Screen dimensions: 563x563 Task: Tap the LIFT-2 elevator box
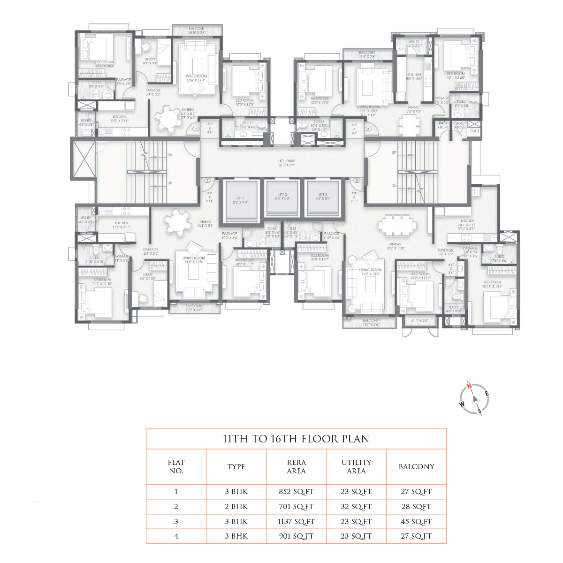282,197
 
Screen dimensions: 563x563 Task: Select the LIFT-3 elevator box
323,197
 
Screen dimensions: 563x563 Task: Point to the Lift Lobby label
286,163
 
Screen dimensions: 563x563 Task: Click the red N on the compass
469,386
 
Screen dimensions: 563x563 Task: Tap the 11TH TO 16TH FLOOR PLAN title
296,439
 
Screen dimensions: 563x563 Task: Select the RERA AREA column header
296,467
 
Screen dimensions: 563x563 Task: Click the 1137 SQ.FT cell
296,522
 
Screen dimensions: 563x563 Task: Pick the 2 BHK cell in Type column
236,507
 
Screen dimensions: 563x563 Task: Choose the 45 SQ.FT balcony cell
416,522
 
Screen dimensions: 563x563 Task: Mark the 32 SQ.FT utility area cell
356,507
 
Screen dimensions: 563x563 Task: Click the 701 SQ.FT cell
296,507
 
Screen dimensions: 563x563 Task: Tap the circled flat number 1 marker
196,129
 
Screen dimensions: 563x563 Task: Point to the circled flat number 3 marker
357,180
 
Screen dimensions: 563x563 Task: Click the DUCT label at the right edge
474,131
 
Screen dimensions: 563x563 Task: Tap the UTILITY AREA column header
356,467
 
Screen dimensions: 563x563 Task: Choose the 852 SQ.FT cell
296,492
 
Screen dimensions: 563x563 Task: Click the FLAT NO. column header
176,467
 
